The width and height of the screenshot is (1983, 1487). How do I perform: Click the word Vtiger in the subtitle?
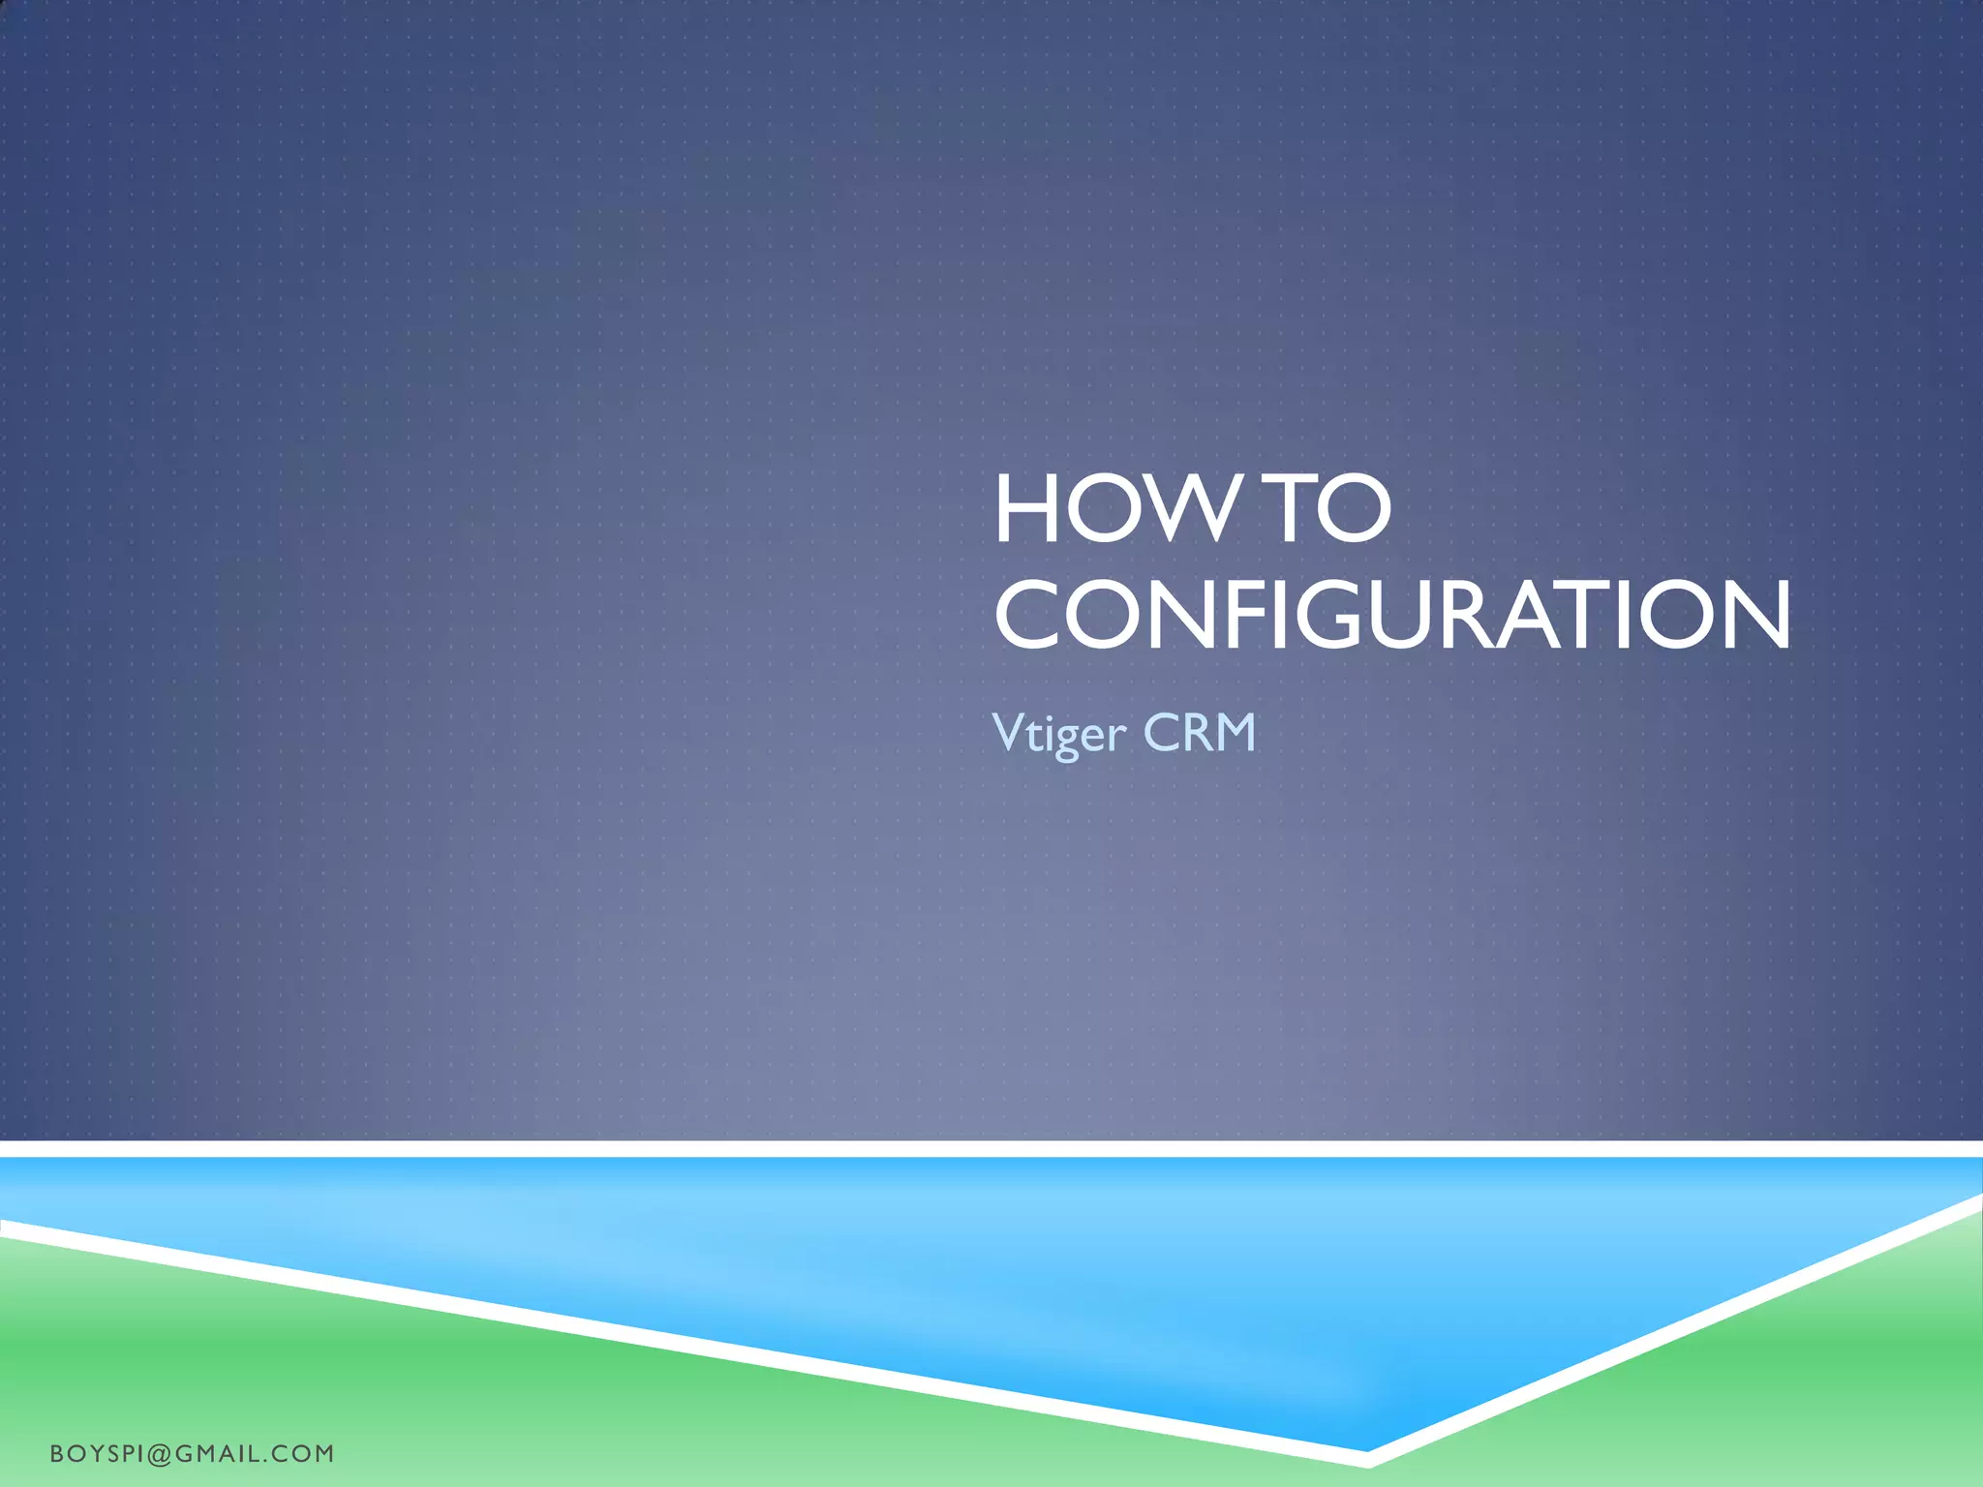click(x=1059, y=733)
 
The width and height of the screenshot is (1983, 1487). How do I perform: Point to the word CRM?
click(x=1200, y=732)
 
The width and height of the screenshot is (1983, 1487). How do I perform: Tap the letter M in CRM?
click(x=1232, y=732)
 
